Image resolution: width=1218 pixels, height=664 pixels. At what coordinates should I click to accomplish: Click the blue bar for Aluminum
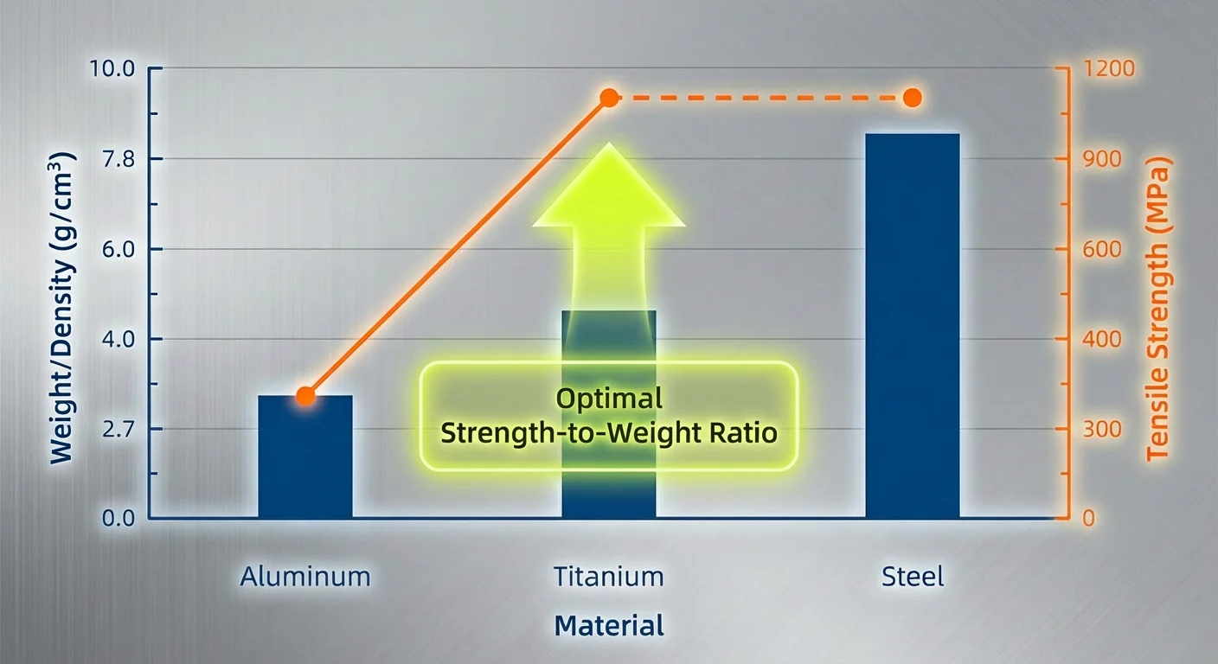click(304, 457)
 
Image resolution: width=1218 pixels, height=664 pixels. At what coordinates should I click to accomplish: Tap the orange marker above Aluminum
click(305, 396)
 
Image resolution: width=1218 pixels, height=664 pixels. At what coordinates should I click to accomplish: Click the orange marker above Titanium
click(609, 98)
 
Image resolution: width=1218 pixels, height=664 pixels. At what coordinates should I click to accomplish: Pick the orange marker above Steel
click(912, 98)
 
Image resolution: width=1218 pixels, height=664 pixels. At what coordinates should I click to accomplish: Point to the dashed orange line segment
click(761, 98)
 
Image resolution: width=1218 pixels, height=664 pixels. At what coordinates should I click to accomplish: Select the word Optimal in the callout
click(608, 399)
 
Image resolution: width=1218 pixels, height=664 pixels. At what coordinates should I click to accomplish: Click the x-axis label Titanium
click(608, 577)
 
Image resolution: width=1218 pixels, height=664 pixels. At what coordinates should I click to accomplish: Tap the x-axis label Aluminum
click(305, 577)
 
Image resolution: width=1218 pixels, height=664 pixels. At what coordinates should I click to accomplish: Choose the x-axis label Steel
click(913, 577)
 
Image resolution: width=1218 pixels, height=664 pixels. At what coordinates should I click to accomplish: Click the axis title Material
click(608, 625)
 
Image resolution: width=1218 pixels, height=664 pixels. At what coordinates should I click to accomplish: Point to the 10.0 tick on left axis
click(112, 69)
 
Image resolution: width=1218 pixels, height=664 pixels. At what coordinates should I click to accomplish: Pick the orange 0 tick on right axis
click(1089, 519)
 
